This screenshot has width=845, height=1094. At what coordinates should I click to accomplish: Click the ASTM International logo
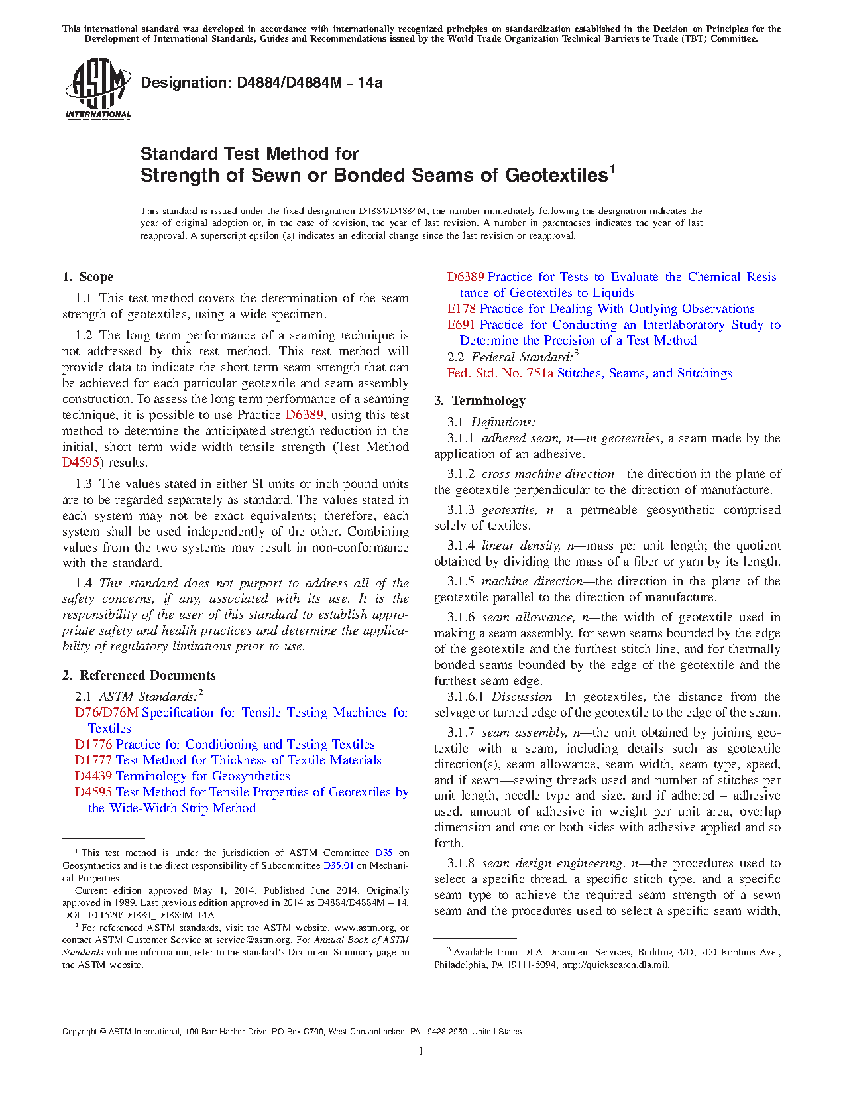97,88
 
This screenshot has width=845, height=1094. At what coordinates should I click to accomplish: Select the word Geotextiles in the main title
556,176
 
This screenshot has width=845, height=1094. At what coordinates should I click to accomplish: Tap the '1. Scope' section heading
87,277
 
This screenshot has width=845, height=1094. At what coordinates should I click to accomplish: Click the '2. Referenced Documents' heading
139,676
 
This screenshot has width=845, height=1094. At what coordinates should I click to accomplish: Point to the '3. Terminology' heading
480,401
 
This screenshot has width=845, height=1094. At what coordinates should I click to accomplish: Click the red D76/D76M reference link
106,713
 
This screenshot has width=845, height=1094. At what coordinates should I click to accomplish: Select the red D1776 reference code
93,745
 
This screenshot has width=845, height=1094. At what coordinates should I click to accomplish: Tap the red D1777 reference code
93,760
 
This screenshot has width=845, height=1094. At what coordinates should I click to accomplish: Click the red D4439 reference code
93,776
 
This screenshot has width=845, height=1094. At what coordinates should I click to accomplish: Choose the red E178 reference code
461,309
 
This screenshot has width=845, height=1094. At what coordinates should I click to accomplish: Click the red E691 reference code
461,325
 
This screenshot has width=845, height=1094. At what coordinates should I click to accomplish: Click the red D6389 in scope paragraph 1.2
304,415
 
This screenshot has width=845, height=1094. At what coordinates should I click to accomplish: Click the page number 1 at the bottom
422,1050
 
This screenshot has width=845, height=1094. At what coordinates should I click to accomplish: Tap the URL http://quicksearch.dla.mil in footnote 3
615,965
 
